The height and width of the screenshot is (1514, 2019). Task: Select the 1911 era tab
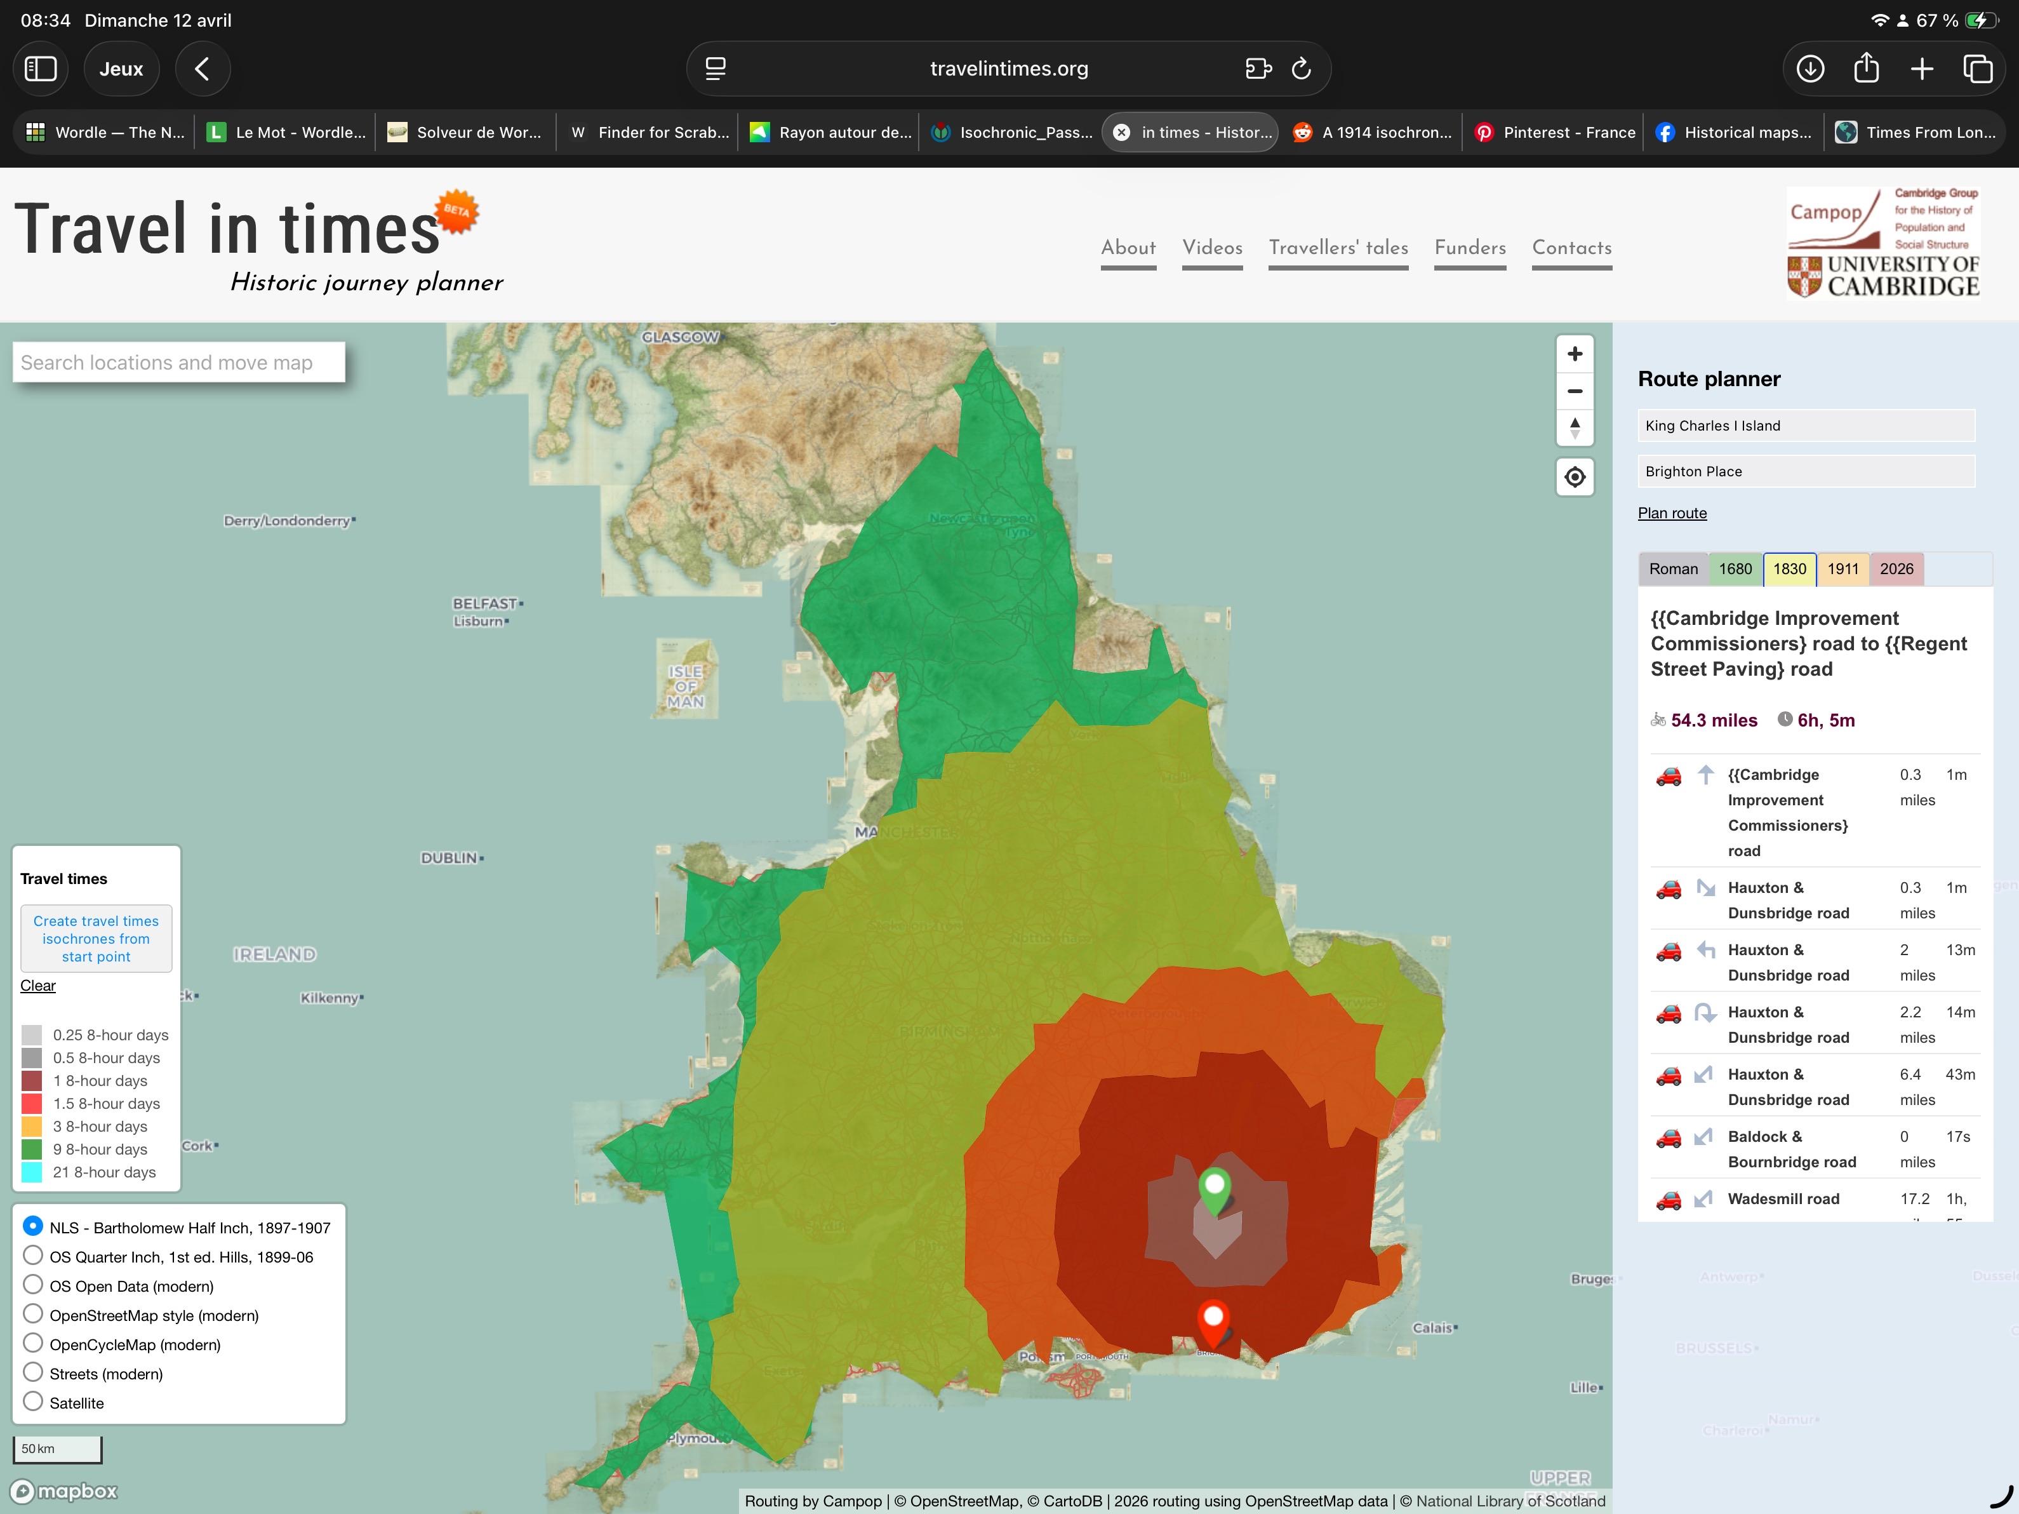pos(1842,569)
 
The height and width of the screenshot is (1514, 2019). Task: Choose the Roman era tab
pos(1672,569)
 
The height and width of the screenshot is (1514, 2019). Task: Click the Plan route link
pos(1671,513)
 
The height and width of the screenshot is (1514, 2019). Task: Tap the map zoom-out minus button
pos(1575,391)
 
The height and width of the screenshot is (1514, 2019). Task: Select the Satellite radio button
pos(33,1402)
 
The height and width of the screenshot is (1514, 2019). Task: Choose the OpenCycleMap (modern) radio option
pos(33,1343)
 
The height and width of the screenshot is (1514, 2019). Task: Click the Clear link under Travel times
pos(37,985)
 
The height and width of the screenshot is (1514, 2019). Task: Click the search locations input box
pos(179,363)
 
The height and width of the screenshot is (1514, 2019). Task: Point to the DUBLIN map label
pos(449,857)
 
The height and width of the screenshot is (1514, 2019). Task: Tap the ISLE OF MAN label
pos(686,687)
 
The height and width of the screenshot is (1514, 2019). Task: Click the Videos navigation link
pos(1211,248)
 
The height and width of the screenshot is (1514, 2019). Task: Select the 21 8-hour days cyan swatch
pos(32,1172)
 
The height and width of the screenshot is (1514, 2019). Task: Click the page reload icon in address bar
pos(1301,69)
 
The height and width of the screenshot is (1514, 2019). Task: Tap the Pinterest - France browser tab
pos(1556,132)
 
